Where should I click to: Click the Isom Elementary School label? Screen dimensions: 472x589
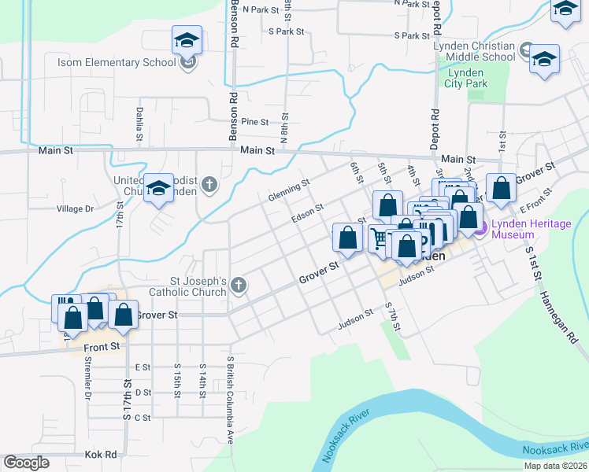click(116, 62)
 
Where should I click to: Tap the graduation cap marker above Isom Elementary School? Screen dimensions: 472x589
click(187, 39)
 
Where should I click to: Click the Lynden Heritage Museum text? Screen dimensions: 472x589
click(531, 230)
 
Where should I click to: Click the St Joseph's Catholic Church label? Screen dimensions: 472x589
click(199, 286)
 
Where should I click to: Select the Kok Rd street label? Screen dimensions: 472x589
click(100, 455)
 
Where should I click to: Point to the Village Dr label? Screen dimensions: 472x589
click(75, 209)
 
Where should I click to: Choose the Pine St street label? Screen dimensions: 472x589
click(255, 122)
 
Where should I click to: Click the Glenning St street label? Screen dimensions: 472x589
click(289, 190)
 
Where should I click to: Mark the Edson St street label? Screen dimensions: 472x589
click(307, 213)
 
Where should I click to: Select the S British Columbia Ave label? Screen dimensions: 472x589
click(231, 399)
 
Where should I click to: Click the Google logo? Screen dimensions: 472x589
click(27, 463)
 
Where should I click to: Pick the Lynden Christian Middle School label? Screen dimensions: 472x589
click(474, 51)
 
